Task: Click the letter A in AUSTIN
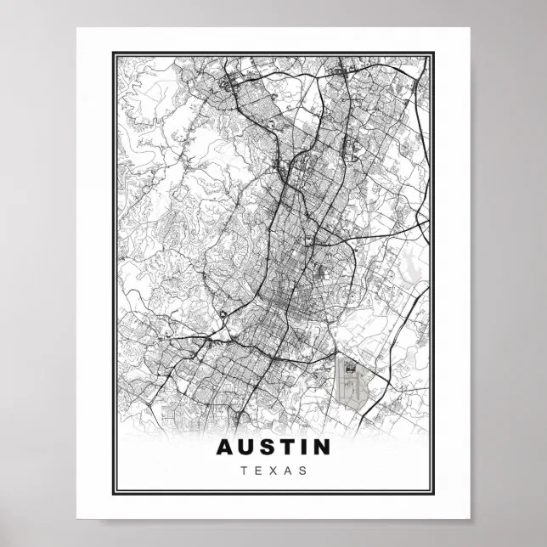pyautogui.click(x=225, y=446)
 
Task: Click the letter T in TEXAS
pyautogui.click(x=245, y=469)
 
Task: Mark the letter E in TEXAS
pyautogui.click(x=258, y=469)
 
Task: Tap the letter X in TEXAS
pyautogui.click(x=273, y=469)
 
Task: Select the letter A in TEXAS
pyautogui.click(x=287, y=469)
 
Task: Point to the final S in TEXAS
pyautogui.click(x=302, y=469)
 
